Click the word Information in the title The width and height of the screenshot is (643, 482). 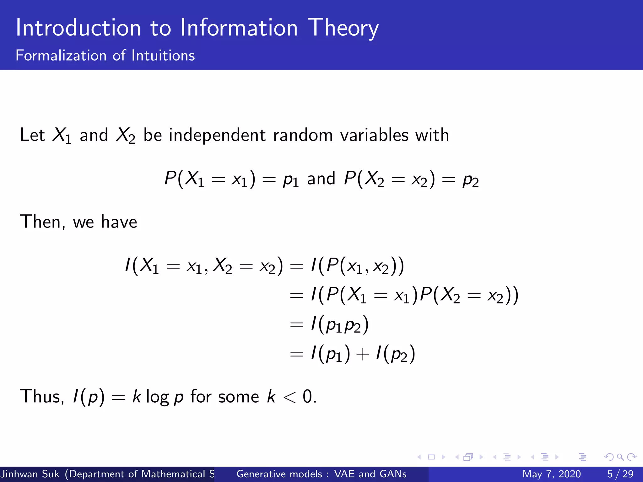pyautogui.click(x=239, y=28)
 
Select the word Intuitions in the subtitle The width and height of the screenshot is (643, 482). pyautogui.click(x=163, y=56)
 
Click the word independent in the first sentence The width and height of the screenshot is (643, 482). pyautogui.click(x=217, y=135)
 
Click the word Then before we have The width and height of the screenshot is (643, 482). pyautogui.click(x=42, y=222)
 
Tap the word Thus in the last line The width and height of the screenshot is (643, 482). pyautogui.click(x=41, y=396)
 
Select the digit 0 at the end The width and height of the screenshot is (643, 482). pyautogui.click(x=307, y=396)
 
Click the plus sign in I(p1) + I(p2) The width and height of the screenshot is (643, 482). pyautogui.click(x=363, y=354)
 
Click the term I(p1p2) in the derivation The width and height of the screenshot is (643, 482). pyautogui.click(x=339, y=325)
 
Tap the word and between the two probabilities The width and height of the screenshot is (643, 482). pyautogui.click(x=321, y=179)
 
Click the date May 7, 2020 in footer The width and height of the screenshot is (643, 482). pyautogui.click(x=551, y=474)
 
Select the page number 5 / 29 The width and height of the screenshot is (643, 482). pyautogui.click(x=620, y=474)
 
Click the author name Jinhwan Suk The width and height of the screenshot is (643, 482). pyautogui.click(x=30, y=474)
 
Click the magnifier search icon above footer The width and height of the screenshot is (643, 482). pyautogui.click(x=620, y=457)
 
